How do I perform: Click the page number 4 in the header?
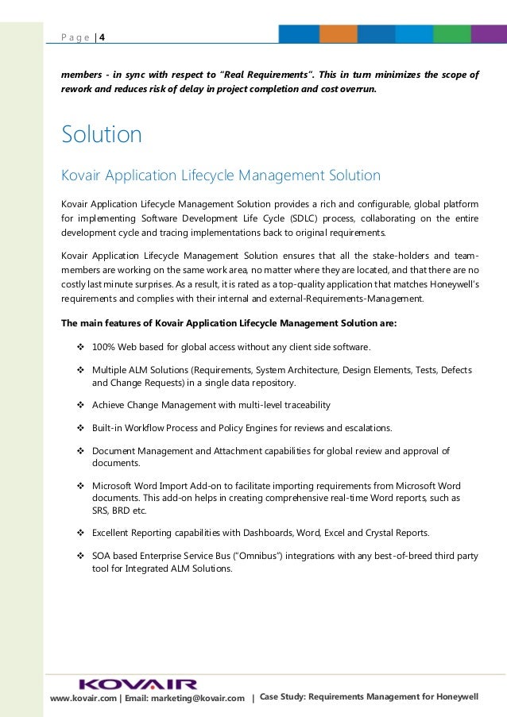click(102, 36)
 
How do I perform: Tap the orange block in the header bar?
click(339, 33)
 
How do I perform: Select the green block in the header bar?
click(452, 33)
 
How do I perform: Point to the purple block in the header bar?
click(489, 33)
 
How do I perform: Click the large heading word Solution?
click(102, 135)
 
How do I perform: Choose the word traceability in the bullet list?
click(303, 405)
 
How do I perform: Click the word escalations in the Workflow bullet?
click(365, 428)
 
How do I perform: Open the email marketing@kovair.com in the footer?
click(199, 698)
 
